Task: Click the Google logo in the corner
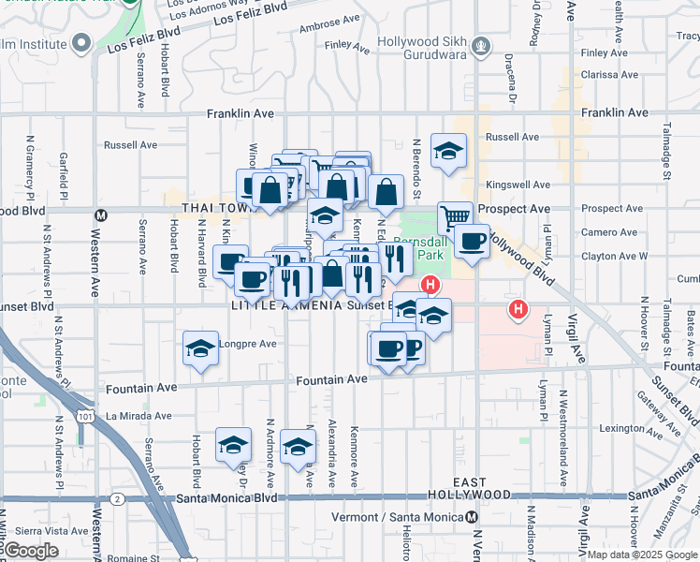pos(31,551)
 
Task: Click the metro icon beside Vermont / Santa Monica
pos(473,517)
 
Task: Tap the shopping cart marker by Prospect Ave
pos(455,216)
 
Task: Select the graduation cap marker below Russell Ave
pos(448,150)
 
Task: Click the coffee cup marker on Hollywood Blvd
pos(472,242)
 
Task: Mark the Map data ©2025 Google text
pos(642,555)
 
